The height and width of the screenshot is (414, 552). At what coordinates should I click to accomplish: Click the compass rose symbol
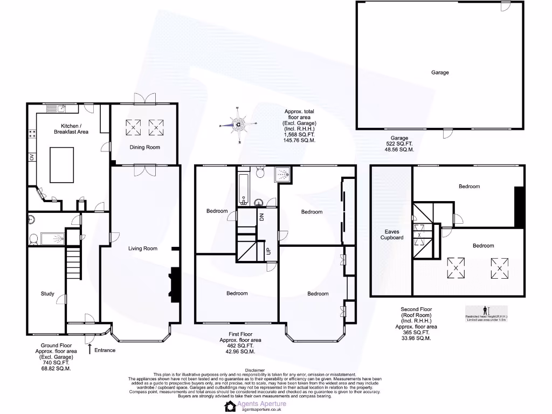point(238,125)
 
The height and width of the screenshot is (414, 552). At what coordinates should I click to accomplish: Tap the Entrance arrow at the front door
point(89,349)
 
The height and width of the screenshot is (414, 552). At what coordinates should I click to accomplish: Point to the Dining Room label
point(145,147)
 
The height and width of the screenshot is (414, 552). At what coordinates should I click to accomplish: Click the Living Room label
point(142,249)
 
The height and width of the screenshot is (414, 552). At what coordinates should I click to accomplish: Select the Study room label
point(47,294)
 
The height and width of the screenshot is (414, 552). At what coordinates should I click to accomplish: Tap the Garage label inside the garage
point(439,72)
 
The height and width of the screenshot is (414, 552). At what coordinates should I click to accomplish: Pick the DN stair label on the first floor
point(262,217)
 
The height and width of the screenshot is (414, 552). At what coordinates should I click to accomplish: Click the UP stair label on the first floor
point(268,252)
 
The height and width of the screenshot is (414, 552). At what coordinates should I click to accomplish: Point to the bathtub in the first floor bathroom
point(243,187)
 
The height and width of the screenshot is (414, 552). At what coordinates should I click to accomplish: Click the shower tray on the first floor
point(282,175)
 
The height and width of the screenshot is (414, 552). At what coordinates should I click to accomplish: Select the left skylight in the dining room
point(133,128)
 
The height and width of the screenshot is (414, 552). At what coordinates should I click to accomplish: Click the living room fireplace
point(174,283)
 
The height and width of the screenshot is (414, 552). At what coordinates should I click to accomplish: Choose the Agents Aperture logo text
point(264,404)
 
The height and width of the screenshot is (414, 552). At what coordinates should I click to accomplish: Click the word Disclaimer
point(255,370)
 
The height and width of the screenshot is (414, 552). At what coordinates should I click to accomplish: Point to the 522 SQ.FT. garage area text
point(399,144)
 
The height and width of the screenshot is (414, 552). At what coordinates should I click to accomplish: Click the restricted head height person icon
point(485,310)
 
